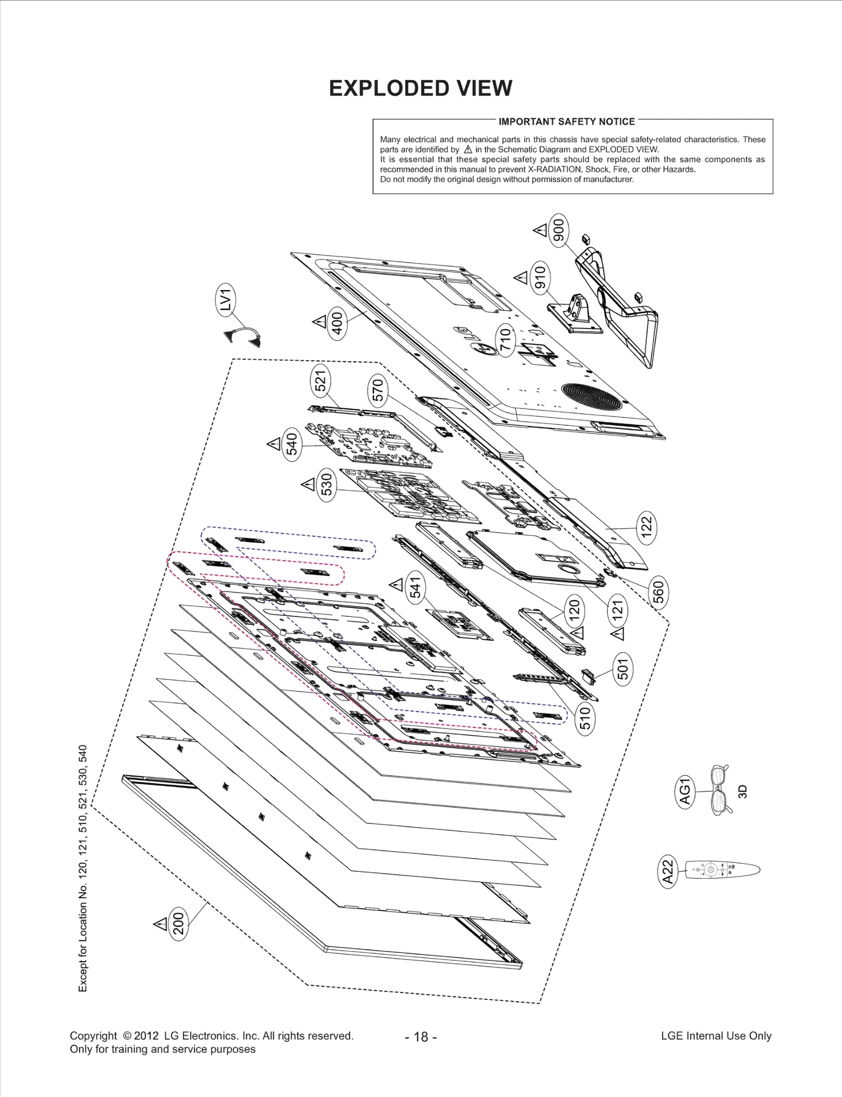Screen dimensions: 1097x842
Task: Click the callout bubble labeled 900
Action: click(x=558, y=230)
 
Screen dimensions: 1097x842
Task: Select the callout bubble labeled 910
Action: click(x=540, y=277)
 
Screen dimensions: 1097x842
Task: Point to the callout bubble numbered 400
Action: click(x=337, y=323)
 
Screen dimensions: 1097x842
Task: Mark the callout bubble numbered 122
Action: click(x=646, y=526)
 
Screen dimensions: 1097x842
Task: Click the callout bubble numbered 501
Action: click(x=623, y=670)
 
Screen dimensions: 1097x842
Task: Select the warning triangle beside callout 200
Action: click(x=160, y=923)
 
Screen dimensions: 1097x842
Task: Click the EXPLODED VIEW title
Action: click(x=420, y=88)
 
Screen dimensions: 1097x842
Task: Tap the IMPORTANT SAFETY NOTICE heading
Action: click(x=567, y=122)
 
